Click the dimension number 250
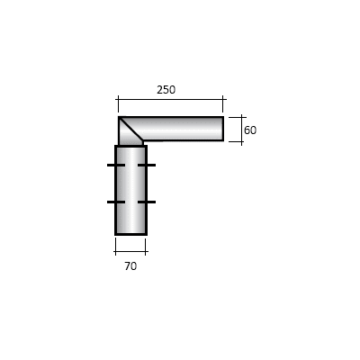(x=166, y=89)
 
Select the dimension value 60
(x=250, y=130)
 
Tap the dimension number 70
(x=130, y=266)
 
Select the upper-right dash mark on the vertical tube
(x=147, y=166)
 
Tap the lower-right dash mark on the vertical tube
(x=147, y=202)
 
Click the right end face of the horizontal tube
(x=222, y=129)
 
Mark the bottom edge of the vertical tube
(x=130, y=234)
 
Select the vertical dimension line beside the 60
(x=240, y=129)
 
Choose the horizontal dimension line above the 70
(x=130, y=250)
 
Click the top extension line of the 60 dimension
(x=236, y=117)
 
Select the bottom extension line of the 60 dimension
(x=236, y=140)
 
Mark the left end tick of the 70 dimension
(x=115, y=250)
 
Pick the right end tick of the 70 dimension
(x=146, y=250)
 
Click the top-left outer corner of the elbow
(x=119, y=117)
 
